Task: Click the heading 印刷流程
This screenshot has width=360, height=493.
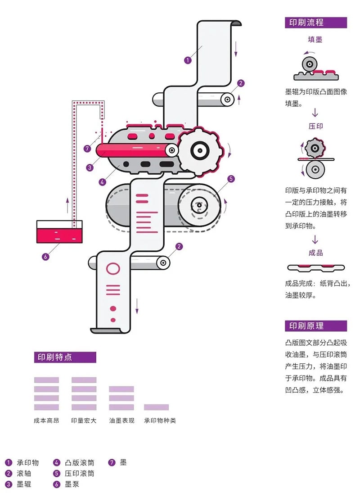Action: tap(304, 23)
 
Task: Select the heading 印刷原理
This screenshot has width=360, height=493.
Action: tap(304, 326)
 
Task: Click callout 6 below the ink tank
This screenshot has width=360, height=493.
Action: tap(45, 257)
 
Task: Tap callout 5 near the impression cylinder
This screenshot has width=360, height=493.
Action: tap(231, 179)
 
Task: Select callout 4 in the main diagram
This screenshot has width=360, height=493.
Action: tap(103, 182)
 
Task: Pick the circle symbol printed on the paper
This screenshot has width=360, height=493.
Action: tap(113, 269)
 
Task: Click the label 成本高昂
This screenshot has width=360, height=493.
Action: tap(46, 421)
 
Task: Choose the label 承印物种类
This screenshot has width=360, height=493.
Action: tap(160, 421)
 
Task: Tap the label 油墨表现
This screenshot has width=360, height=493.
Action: tap(121, 421)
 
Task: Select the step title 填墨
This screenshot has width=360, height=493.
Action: tap(315, 40)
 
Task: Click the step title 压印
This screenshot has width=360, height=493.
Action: tap(315, 126)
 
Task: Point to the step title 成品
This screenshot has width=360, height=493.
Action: tap(315, 253)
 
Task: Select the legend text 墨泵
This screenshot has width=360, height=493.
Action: tap(72, 484)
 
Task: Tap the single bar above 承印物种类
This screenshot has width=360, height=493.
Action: tap(156, 407)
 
